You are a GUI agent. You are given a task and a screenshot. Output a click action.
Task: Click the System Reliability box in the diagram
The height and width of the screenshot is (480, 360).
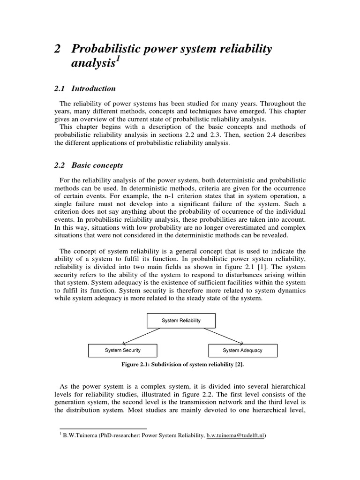(x=181, y=321)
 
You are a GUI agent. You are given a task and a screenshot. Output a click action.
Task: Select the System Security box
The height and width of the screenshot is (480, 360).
(x=123, y=351)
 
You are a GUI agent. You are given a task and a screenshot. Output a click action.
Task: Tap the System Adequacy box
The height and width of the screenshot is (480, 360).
(x=242, y=351)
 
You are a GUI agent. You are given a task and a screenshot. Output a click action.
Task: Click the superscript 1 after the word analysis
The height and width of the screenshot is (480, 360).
(x=118, y=61)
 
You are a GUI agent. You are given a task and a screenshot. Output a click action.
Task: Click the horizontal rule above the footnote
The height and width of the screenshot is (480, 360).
(x=103, y=428)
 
